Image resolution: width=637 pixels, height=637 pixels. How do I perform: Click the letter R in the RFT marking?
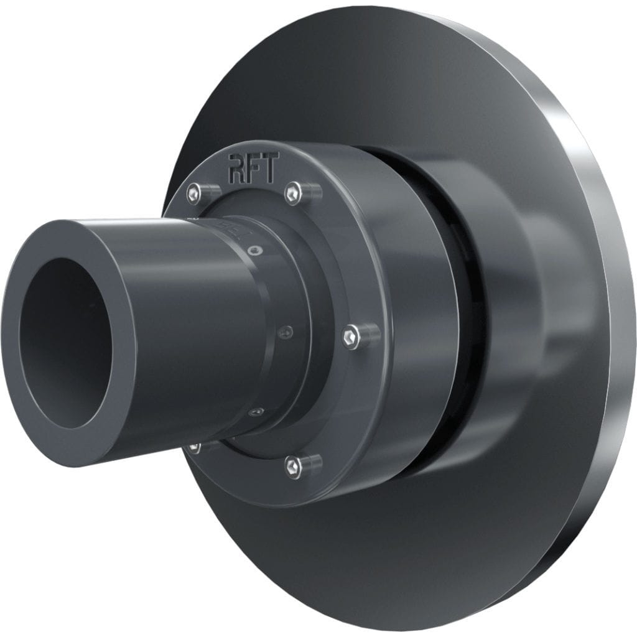(238, 169)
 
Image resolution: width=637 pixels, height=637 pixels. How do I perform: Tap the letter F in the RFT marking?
(254, 169)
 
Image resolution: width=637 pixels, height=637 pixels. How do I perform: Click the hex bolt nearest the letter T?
(294, 193)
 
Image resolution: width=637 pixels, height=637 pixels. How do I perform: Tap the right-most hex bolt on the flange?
(351, 338)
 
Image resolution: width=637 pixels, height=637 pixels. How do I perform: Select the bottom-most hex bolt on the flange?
(293, 466)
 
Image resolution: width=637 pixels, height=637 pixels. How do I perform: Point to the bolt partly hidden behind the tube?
(195, 447)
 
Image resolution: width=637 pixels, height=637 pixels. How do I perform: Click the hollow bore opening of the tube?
(62, 342)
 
